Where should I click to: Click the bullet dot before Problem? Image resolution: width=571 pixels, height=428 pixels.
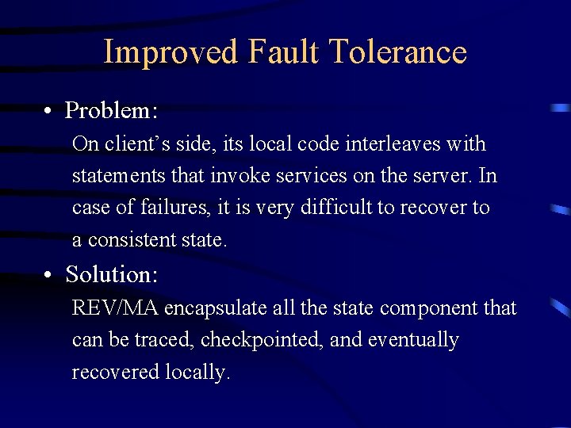49,110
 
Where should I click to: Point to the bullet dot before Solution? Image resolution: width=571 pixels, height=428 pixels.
49,275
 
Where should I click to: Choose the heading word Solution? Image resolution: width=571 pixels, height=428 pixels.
112,275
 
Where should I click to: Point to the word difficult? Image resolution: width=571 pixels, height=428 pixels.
341,208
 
